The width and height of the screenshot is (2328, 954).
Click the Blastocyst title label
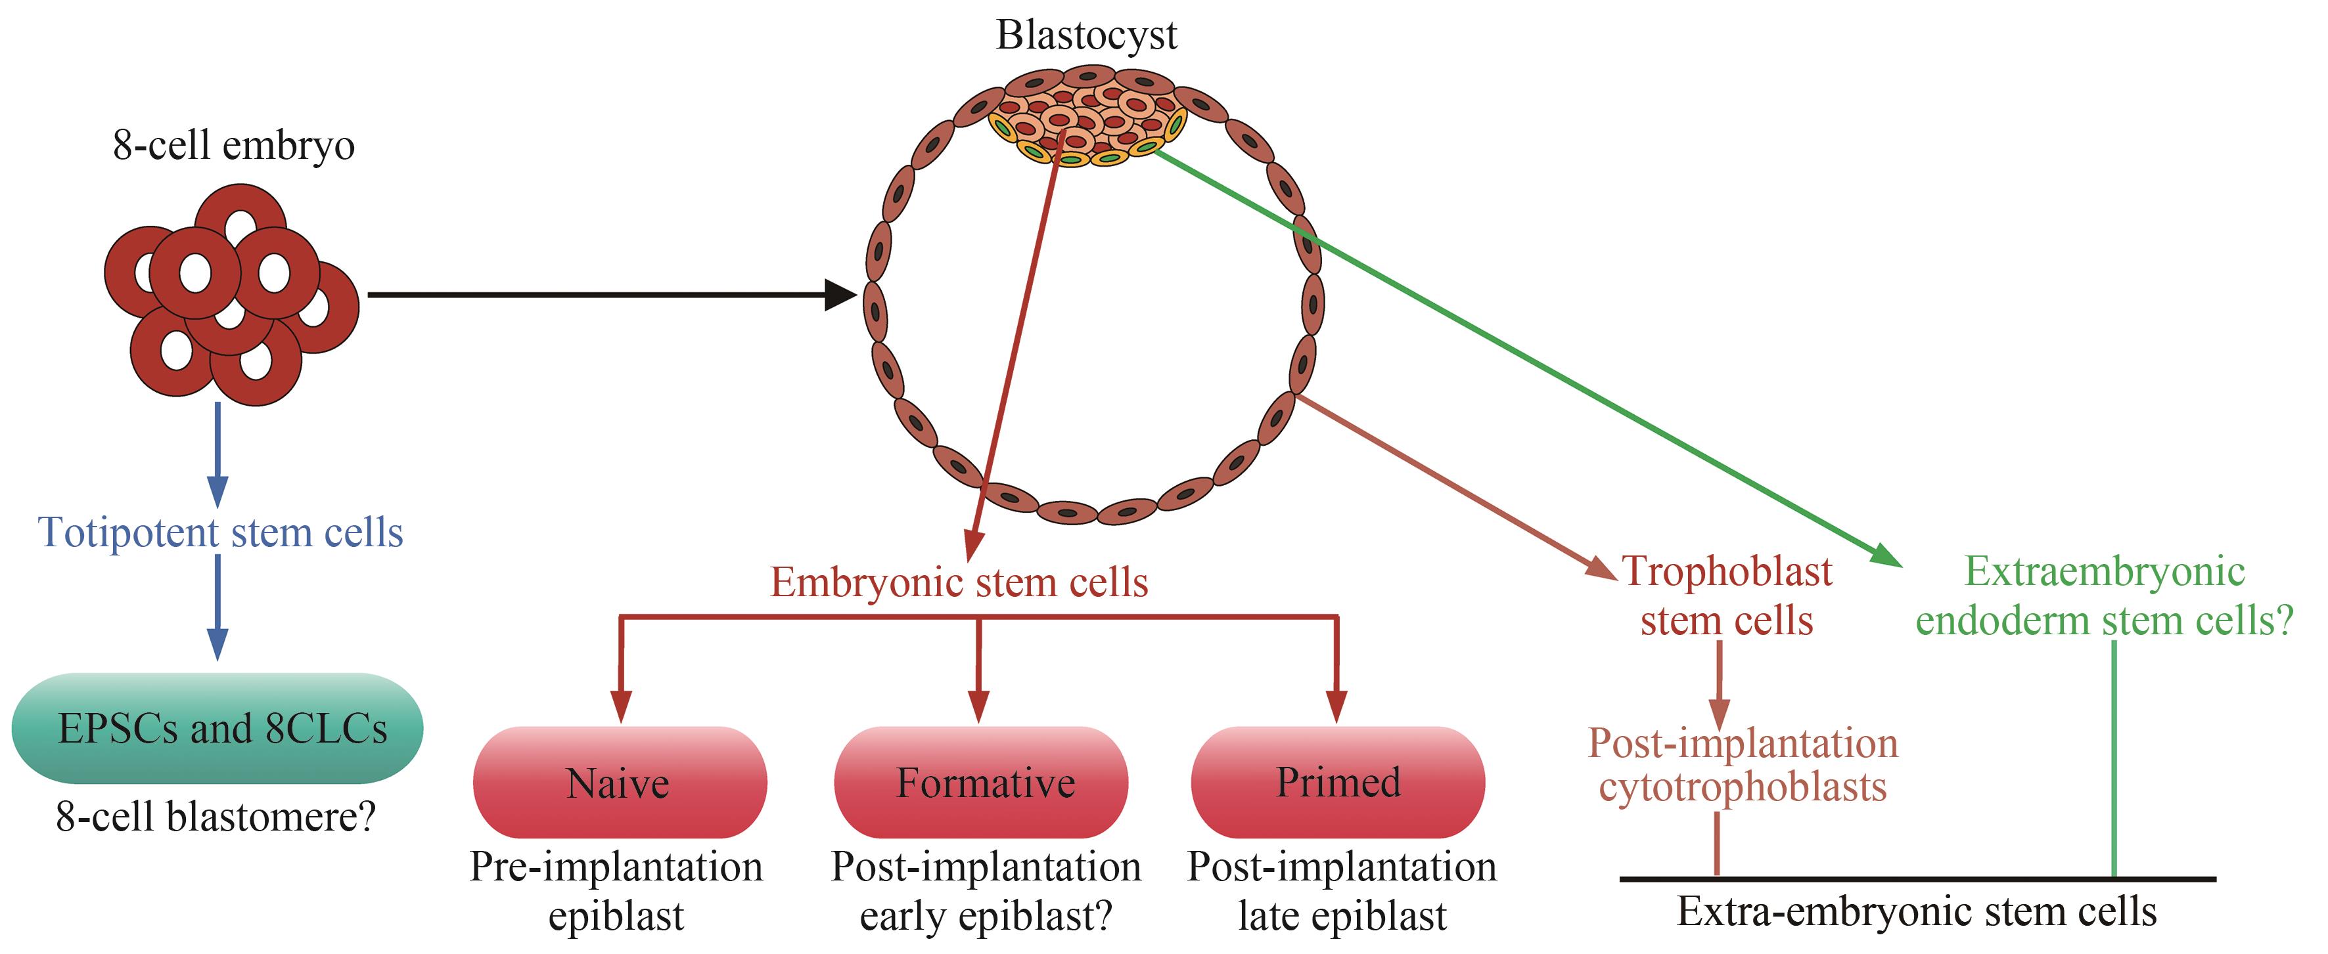(1086, 36)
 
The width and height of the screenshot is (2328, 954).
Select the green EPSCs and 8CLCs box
(217, 728)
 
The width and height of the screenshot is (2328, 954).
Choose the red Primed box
(1338, 783)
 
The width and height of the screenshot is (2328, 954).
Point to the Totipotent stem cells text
(221, 533)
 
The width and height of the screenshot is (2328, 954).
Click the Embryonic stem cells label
(959, 582)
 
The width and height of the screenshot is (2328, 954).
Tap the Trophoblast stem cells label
(1727, 596)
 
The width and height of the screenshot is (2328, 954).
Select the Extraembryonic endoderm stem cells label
(2105, 596)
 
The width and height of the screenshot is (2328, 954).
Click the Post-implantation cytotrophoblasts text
(1743, 765)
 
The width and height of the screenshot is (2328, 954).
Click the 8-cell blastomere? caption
(215, 817)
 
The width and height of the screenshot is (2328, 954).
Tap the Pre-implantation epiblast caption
(616, 891)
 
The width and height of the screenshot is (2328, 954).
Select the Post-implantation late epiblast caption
(1342, 891)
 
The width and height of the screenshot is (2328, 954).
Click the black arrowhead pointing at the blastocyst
(840, 295)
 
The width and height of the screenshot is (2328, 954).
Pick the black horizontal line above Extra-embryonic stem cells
(1917, 878)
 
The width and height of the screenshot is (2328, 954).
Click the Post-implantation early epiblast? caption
(986, 891)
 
